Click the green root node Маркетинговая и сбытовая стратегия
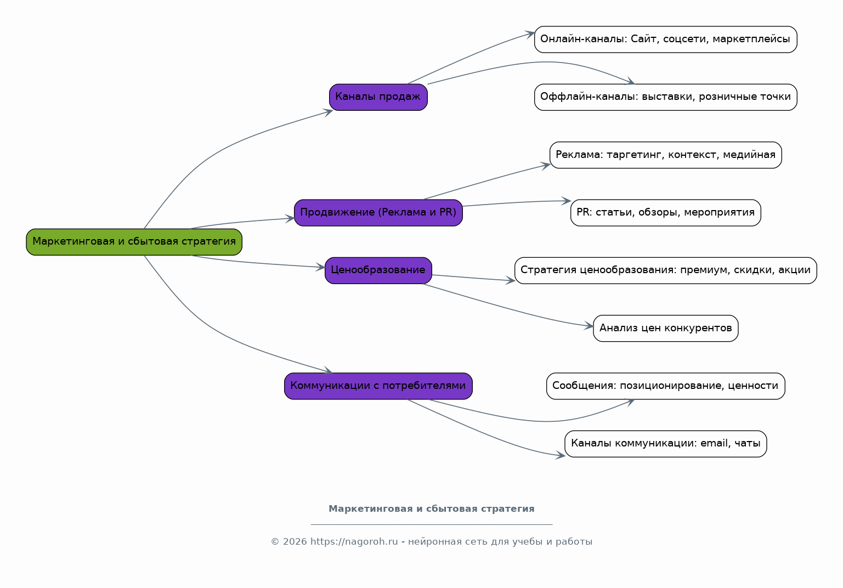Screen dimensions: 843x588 pyautogui.click(x=134, y=242)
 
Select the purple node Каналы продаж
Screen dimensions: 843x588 pyautogui.click(x=378, y=97)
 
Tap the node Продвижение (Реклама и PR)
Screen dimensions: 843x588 pyautogui.click(x=378, y=213)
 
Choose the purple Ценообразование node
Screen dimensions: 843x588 pyautogui.click(x=378, y=270)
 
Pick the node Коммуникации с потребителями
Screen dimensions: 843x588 pyautogui.click(x=378, y=386)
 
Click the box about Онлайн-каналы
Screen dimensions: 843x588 pyautogui.click(x=666, y=39)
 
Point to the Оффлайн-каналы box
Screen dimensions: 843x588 pyautogui.click(x=666, y=97)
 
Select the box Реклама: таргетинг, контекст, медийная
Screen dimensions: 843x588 pyautogui.click(x=666, y=155)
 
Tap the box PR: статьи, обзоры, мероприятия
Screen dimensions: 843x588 pyautogui.click(x=666, y=213)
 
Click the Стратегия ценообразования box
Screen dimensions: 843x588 pyautogui.click(x=666, y=270)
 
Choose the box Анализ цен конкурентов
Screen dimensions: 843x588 pyautogui.click(x=666, y=328)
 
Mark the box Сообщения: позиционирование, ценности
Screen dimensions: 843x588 pyautogui.click(x=666, y=386)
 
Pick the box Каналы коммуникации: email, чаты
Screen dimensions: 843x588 pyautogui.click(x=666, y=444)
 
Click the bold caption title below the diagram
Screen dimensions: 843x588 pyautogui.click(x=431, y=509)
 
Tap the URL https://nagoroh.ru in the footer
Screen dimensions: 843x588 pyautogui.click(x=354, y=542)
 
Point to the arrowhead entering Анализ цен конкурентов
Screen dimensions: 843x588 pyautogui.click(x=589, y=326)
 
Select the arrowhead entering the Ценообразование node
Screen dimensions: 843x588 pyautogui.click(x=320, y=267)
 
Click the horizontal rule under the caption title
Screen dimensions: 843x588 pyautogui.click(x=431, y=524)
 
